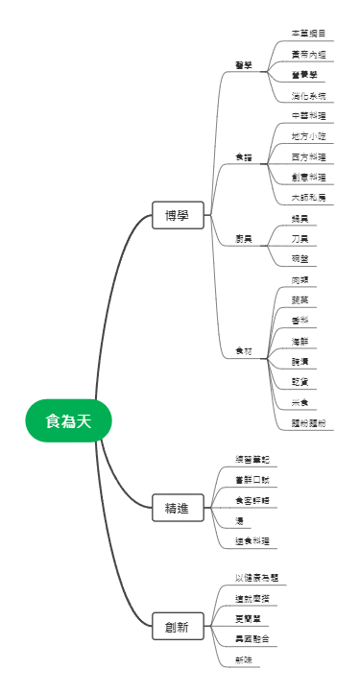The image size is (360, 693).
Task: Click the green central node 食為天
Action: [69, 420]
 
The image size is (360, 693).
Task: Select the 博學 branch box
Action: [177, 216]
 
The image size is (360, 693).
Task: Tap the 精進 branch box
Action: [177, 506]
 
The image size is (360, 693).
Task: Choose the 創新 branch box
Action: [177, 628]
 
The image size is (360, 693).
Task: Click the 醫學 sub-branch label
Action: [244, 65]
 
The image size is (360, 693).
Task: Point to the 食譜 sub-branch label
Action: [244, 156]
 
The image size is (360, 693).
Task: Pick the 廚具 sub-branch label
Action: [244, 239]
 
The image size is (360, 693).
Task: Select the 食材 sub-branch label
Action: [244, 351]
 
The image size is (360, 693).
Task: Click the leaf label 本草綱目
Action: [308, 33]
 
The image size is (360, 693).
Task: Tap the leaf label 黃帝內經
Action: [308, 54]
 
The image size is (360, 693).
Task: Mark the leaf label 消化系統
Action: [308, 96]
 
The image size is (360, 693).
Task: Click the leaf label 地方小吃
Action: [308, 136]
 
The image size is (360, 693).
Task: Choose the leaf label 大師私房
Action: [308, 197]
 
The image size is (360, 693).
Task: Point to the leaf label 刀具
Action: [300, 239]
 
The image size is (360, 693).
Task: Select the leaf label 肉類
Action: [300, 279]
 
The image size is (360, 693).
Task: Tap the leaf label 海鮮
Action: [300, 341]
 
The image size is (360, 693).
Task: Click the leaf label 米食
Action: [300, 402]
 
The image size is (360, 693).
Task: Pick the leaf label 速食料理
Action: [253, 541]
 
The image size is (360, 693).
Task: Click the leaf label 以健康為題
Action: [256, 578]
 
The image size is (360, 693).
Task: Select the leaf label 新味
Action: [244, 659]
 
